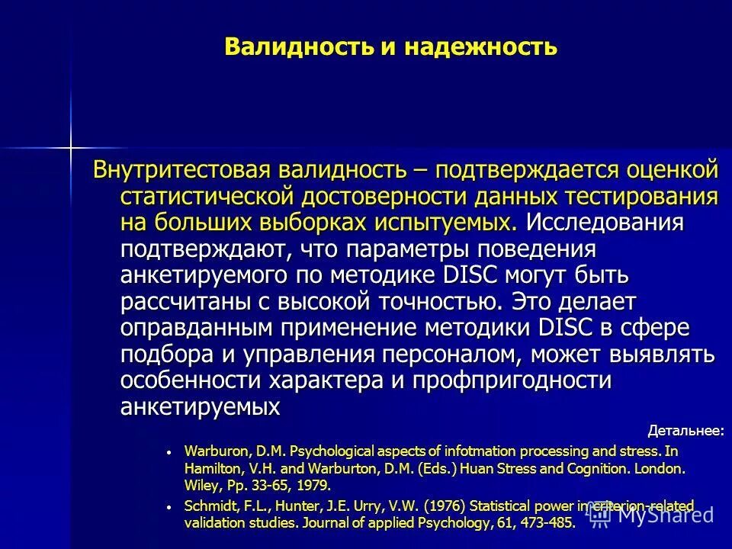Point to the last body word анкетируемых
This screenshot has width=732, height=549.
[x=200, y=407]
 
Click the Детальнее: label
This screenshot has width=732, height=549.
[x=685, y=432]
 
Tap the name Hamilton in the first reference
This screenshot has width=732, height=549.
[x=210, y=468]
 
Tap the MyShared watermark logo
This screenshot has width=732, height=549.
[x=657, y=515]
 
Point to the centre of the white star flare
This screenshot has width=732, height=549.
[x=70, y=145]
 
